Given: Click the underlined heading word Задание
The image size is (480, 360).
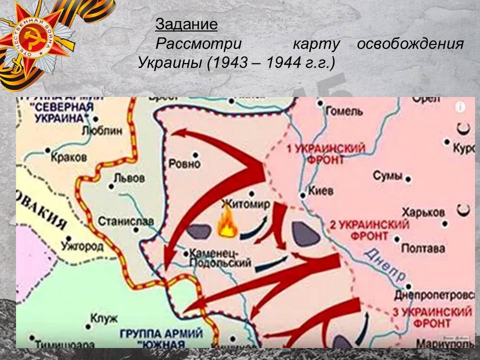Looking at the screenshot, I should (186, 24).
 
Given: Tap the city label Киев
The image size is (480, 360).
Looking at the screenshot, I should (321, 190).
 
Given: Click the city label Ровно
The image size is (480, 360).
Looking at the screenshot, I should (184, 163).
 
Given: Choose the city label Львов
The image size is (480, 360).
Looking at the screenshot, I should (129, 178).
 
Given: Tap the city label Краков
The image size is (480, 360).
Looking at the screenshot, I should (69, 157).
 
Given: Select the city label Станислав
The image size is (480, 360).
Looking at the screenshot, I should (118, 220).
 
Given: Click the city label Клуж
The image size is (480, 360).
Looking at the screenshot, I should (103, 318).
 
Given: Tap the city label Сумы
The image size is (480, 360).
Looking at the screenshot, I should (387, 176).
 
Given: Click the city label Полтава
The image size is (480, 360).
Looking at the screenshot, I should (423, 248).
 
